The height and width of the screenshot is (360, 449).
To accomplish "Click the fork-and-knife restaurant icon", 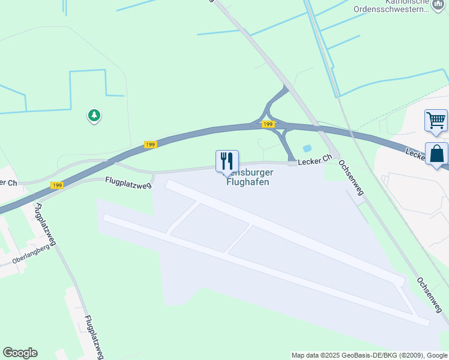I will pyautogui.click(x=227, y=161).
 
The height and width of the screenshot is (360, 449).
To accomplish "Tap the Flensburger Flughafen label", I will pyautogui.click(x=247, y=178).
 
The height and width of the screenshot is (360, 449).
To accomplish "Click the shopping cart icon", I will pyautogui.click(x=436, y=119).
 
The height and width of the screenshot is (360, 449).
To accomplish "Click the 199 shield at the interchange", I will pyautogui.click(x=268, y=124).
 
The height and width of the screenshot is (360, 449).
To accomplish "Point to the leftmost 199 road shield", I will pyautogui.click(x=57, y=185).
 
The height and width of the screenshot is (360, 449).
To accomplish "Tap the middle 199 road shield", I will pyautogui.click(x=150, y=145).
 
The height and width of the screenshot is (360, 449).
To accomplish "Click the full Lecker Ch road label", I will pyautogui.click(x=315, y=159).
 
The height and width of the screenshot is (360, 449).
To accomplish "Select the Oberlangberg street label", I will pyautogui.click(x=31, y=255).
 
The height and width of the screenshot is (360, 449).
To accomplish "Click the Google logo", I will pyautogui.click(x=20, y=353).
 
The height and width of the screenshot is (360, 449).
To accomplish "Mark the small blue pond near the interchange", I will pyautogui.click(x=307, y=148).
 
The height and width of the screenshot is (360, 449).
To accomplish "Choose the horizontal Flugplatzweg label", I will pyautogui.click(x=128, y=181).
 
